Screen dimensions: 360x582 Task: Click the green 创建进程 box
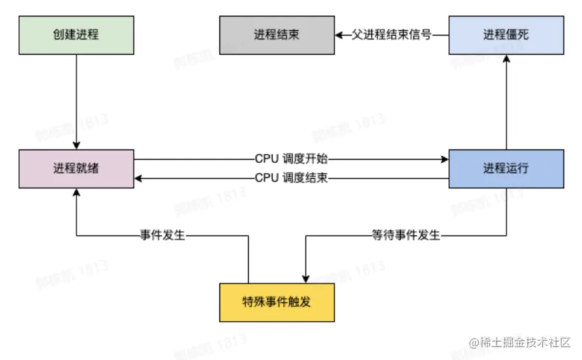coord(76,35)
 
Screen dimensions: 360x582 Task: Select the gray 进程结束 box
coord(277,35)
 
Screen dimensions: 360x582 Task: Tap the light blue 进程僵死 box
coord(506,35)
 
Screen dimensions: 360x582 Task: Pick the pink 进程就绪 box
coord(76,169)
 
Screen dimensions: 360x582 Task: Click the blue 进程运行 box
coord(506,169)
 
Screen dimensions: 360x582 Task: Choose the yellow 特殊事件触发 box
coord(277,301)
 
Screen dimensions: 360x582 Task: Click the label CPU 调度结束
coord(291,178)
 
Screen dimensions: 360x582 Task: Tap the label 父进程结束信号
coord(392,35)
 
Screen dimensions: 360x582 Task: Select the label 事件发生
coord(163,235)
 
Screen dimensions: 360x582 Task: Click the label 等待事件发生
coord(406,235)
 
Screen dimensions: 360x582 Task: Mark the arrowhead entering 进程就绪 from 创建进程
coord(76,146)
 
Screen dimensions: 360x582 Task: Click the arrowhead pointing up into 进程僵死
coord(506,59)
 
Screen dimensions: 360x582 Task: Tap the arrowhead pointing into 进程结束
coord(339,35)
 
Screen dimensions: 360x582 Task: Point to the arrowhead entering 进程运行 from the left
coord(445,159)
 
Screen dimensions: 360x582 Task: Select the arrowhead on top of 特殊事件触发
coord(305,279)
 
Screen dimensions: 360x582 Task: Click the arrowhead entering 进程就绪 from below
coord(76,192)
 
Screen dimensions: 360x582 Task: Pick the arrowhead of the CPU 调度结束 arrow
coord(139,178)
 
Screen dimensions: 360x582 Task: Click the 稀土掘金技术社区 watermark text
coord(520,342)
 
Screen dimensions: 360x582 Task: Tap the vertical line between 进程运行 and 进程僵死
coord(506,105)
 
